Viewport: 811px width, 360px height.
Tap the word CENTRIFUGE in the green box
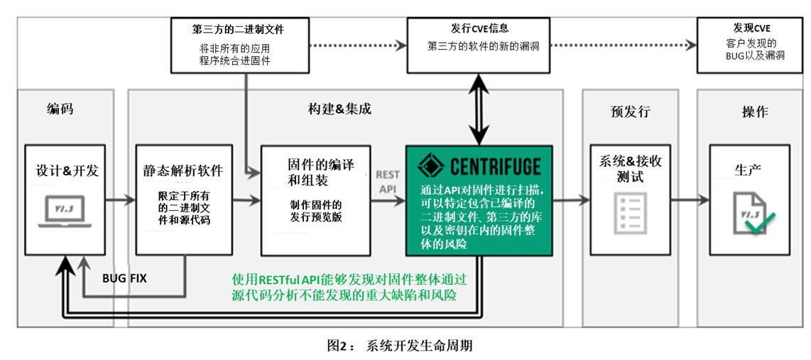pyautogui.click(x=495, y=166)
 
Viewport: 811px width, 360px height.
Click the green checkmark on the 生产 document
pyautogui.click(x=759, y=224)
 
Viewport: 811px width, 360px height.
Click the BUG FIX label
pyautogui.click(x=124, y=278)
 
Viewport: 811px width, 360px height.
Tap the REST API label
pyautogui.click(x=388, y=182)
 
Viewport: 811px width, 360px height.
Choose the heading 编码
pyautogui.click(x=60, y=110)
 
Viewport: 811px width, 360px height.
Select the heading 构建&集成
pyautogui.click(x=339, y=109)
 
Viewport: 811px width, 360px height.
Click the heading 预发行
pyautogui.click(x=630, y=111)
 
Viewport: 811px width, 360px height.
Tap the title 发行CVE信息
pyautogui.click(x=479, y=28)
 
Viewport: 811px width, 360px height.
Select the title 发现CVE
pyautogui.click(x=751, y=28)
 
